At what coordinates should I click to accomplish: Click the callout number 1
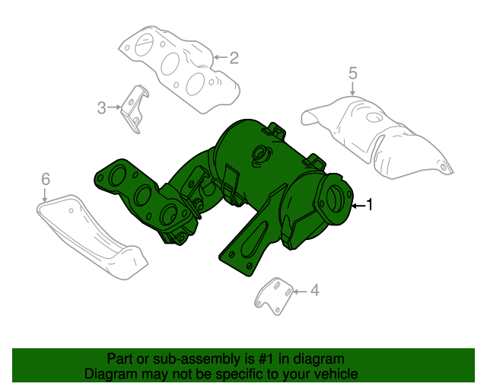(370, 204)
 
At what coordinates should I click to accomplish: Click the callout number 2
(234, 57)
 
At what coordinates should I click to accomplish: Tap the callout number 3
(101, 108)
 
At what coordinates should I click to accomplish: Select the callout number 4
(314, 290)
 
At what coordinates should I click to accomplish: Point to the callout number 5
(352, 73)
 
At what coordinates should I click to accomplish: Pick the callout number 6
(45, 179)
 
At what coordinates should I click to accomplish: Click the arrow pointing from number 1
(358, 205)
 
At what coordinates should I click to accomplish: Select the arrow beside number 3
(115, 108)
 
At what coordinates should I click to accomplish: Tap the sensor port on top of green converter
(260, 156)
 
